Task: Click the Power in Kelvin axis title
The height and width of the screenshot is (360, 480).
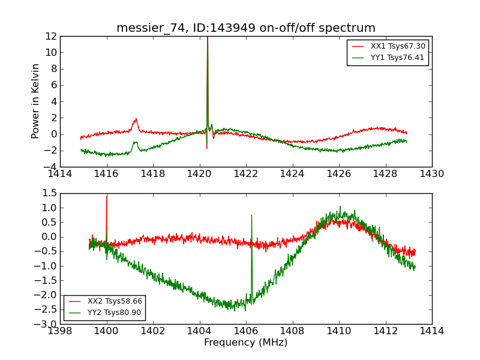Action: (36, 101)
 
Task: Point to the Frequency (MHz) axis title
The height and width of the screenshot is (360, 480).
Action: (245, 343)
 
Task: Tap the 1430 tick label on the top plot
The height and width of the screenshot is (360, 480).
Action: (431, 174)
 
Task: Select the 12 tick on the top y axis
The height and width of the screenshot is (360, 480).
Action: (51, 36)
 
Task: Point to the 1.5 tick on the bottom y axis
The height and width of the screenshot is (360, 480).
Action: (50, 193)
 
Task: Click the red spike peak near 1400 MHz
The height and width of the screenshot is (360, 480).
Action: (107, 196)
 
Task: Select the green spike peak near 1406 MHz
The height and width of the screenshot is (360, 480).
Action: (251, 215)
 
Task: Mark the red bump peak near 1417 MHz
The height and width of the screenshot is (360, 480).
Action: (136, 119)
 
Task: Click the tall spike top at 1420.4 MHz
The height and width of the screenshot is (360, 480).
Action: (208, 37)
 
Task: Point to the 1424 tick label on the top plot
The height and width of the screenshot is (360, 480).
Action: (292, 174)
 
